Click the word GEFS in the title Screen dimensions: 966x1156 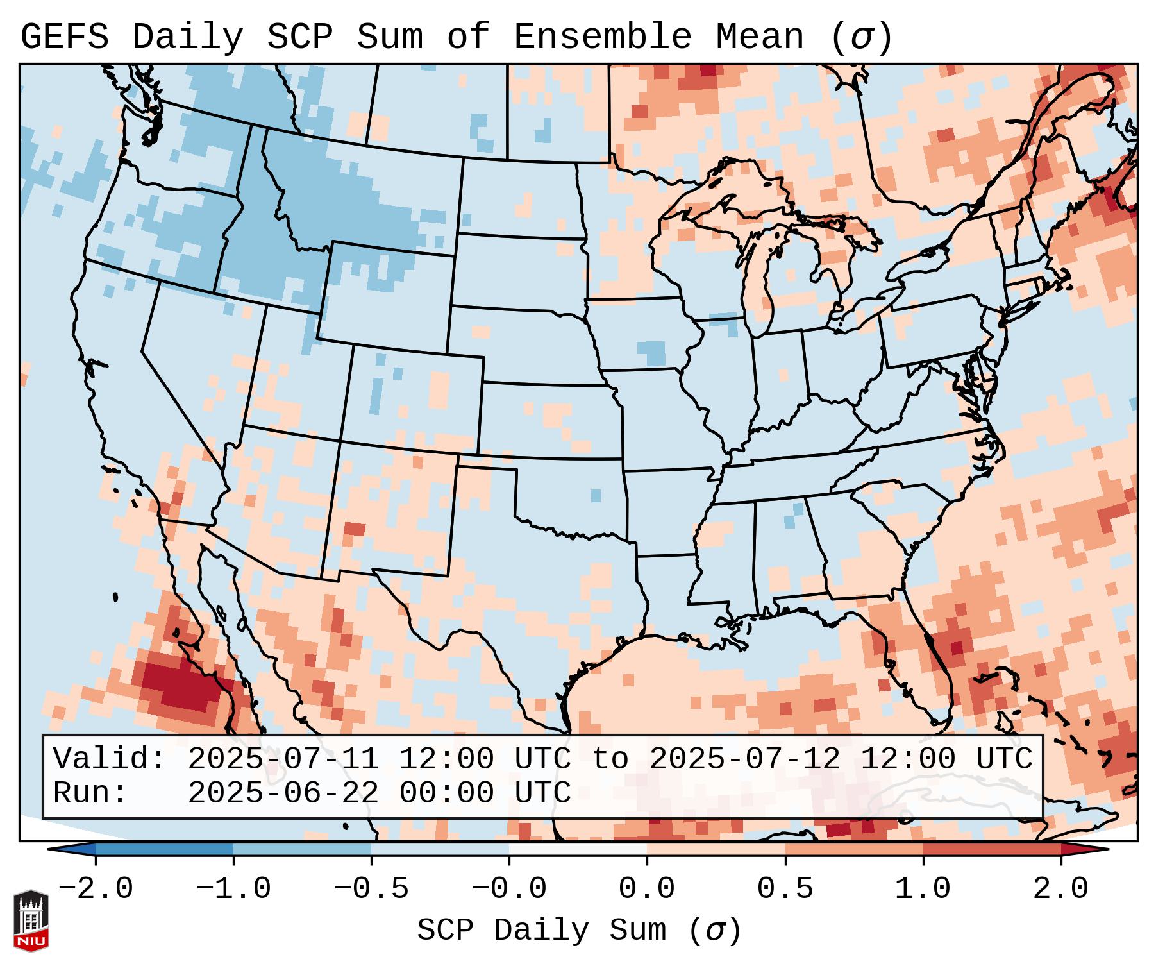coord(65,37)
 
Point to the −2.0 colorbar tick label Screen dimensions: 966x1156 coord(96,889)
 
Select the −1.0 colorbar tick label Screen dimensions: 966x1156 coord(233,889)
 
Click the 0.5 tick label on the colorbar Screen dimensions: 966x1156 coord(785,889)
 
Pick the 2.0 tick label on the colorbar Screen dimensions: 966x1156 coord(1060,889)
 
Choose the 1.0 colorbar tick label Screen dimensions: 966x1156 coord(923,889)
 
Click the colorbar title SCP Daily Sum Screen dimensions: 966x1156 coord(542,931)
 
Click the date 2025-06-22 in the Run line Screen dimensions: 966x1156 coord(283,793)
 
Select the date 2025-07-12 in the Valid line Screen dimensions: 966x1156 coord(744,759)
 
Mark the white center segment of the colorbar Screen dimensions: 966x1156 coord(578,849)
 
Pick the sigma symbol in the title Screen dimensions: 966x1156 coord(861,37)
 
